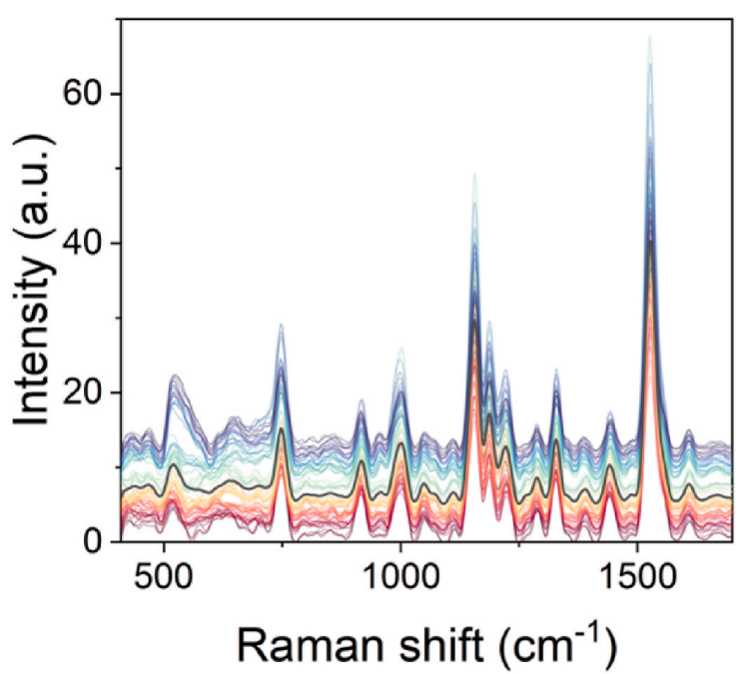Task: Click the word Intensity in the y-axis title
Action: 34,339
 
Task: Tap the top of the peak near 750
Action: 282,325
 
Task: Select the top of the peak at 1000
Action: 401,348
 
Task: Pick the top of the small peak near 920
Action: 362,400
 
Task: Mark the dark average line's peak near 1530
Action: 650,243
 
